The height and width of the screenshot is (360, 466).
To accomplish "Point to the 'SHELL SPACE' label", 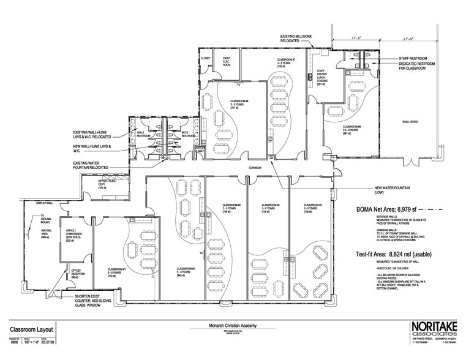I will [x=408, y=122].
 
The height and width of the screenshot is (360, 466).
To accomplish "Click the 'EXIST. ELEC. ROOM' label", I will [x=226, y=62].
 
